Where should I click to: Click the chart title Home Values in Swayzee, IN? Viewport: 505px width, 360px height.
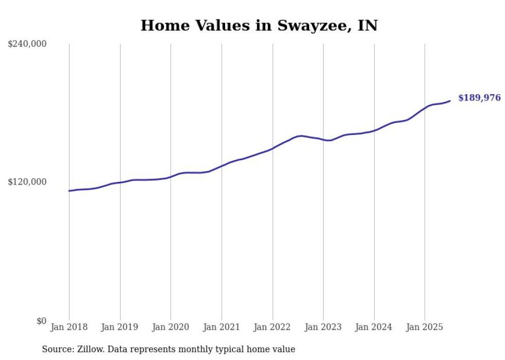tap(259, 26)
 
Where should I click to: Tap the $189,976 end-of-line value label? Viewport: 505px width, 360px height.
tap(479, 98)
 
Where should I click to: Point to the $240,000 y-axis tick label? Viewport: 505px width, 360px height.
tap(27, 44)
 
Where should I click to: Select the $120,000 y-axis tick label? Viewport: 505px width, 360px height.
tap(27, 182)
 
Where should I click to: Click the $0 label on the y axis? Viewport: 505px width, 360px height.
tap(41, 321)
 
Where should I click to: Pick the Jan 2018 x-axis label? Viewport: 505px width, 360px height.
tap(69, 327)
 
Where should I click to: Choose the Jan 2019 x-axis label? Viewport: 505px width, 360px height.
tap(120, 327)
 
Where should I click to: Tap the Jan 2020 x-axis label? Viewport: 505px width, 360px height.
tap(171, 327)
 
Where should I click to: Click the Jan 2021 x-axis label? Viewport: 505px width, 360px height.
tap(222, 327)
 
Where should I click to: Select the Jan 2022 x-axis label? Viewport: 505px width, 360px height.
tap(272, 327)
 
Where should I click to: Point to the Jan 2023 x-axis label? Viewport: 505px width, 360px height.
tap(323, 327)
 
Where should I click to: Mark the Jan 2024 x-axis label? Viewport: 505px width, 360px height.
tap(374, 327)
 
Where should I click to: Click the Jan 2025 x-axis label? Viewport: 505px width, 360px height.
tap(425, 327)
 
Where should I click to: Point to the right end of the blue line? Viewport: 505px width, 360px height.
tap(450, 101)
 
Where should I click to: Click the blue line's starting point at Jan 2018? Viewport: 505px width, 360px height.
tap(69, 191)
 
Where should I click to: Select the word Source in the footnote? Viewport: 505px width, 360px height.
tap(56, 349)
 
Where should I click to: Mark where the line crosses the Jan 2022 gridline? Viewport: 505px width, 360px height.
tap(273, 148)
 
